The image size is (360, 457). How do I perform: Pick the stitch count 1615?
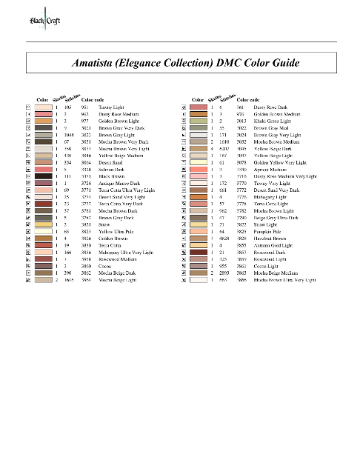68,280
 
